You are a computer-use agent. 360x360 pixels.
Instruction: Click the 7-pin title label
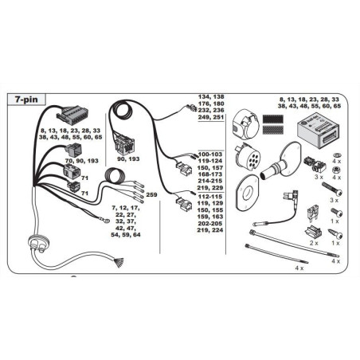click(x=26, y=100)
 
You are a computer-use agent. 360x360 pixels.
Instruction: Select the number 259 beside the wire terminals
click(x=151, y=194)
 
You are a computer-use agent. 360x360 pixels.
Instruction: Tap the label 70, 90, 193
click(x=81, y=161)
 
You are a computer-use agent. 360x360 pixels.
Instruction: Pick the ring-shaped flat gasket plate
click(x=247, y=193)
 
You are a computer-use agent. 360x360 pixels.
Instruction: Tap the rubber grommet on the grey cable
click(x=39, y=243)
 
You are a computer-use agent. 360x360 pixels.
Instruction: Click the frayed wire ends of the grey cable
click(x=119, y=261)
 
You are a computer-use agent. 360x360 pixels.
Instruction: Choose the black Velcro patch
click(x=272, y=119)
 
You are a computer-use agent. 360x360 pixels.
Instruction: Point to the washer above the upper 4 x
click(x=337, y=155)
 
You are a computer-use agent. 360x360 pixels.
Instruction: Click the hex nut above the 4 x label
click(x=336, y=169)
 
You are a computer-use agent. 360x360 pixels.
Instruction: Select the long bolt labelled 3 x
click(x=331, y=189)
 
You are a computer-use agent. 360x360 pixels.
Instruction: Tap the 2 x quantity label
click(x=314, y=243)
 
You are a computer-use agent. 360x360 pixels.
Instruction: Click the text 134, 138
click(x=211, y=97)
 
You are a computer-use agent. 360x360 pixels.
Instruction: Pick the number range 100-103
click(x=209, y=155)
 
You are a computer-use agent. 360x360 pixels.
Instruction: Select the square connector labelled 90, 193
click(x=124, y=146)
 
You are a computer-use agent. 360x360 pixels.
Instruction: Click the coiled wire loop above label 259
click(x=115, y=176)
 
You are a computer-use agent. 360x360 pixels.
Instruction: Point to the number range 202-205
click(x=209, y=224)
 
